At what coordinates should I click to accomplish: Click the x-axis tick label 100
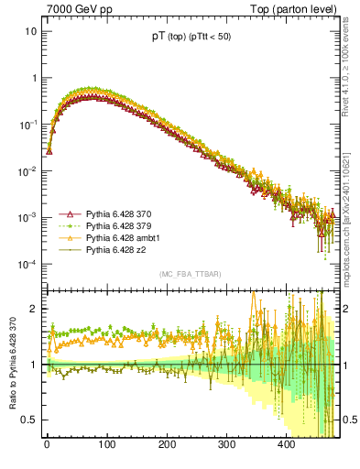click(106, 444)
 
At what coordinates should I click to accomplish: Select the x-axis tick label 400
click(286, 444)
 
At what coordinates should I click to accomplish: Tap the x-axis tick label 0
click(47, 444)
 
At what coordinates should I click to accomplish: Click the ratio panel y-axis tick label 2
click(34, 309)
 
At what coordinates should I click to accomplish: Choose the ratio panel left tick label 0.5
click(30, 420)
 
